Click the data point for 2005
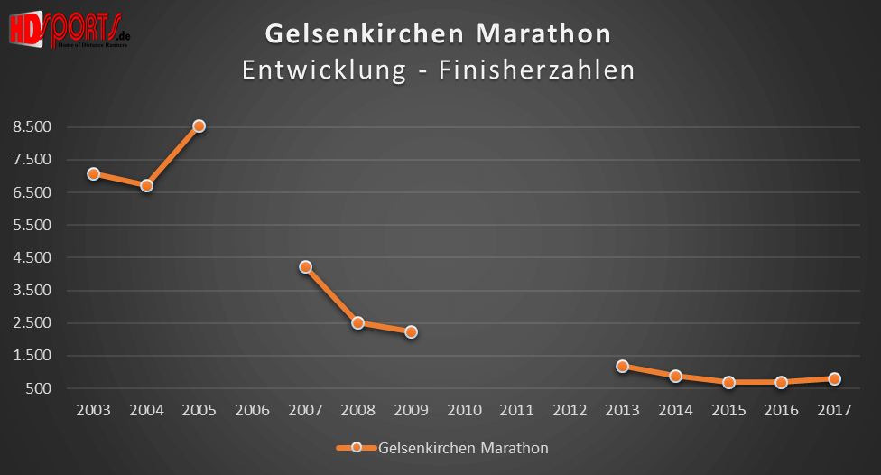click(x=199, y=126)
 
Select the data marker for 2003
click(x=93, y=173)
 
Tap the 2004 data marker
click(x=146, y=185)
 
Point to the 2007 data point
click(x=305, y=266)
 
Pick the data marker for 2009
click(x=411, y=332)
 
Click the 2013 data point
click(x=622, y=366)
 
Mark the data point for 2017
click(x=834, y=379)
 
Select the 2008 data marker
click(x=357, y=322)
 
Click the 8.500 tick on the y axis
click(x=32, y=127)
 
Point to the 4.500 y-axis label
click(x=32, y=257)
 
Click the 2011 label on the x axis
click(x=516, y=411)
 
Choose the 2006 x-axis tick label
click(x=252, y=411)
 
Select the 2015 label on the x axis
click(x=728, y=411)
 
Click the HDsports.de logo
click(x=68, y=29)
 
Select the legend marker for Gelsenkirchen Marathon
click(x=356, y=447)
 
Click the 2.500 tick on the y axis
click(x=32, y=323)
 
